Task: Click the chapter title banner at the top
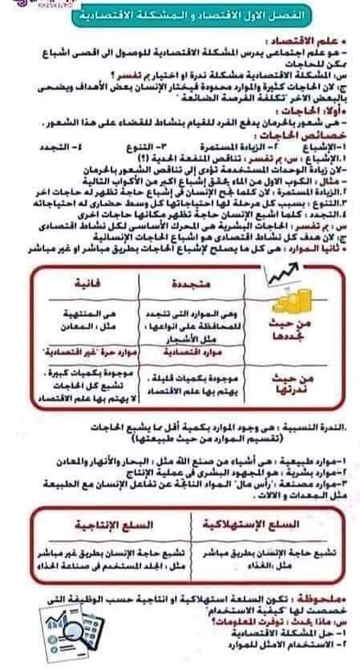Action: pyautogui.click(x=188, y=17)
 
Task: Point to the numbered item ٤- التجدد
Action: pyautogui.click(x=81, y=147)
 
